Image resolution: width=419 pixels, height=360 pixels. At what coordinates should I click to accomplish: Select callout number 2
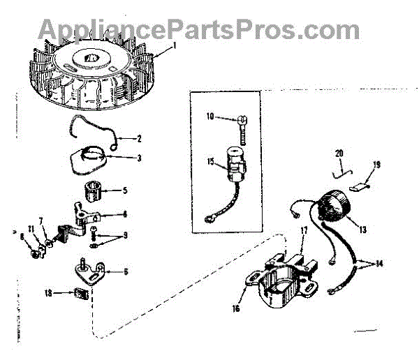click(x=139, y=139)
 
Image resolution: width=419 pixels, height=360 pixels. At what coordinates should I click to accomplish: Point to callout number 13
click(x=362, y=228)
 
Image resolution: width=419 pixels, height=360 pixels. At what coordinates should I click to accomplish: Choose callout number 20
click(x=339, y=153)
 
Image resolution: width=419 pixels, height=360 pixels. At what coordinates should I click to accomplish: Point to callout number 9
click(x=125, y=235)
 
